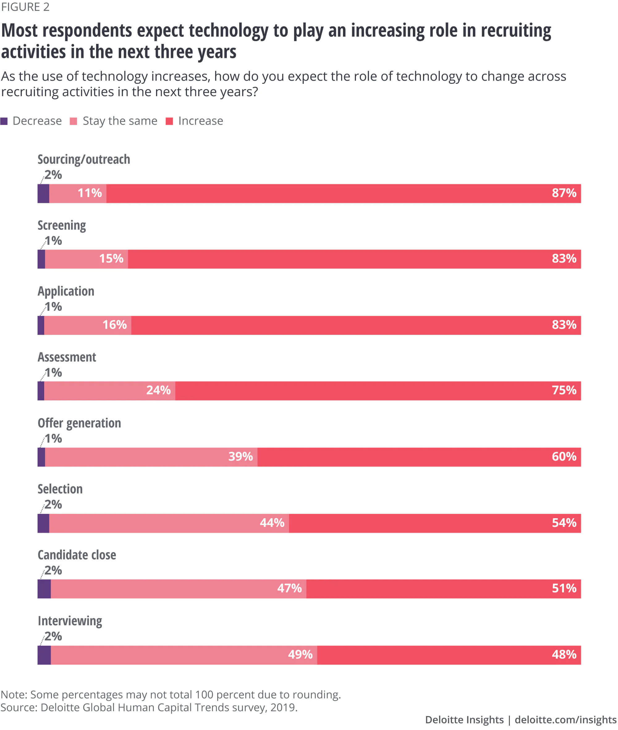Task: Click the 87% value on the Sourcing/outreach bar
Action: click(564, 193)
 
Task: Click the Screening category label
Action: click(62, 225)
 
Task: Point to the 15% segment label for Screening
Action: click(111, 258)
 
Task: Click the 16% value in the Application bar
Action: click(115, 325)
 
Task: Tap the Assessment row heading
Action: click(66, 357)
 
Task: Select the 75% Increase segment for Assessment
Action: click(378, 391)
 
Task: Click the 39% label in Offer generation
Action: click(240, 456)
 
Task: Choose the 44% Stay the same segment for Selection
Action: click(169, 523)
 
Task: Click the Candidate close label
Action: click(77, 555)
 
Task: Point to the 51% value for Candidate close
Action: click(564, 588)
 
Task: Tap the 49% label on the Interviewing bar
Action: click(300, 655)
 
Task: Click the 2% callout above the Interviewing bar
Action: click(53, 636)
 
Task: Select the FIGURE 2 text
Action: click(25, 7)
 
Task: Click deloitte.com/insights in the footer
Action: click(565, 720)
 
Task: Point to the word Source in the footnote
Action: click(19, 707)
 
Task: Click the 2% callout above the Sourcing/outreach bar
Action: click(53, 175)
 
